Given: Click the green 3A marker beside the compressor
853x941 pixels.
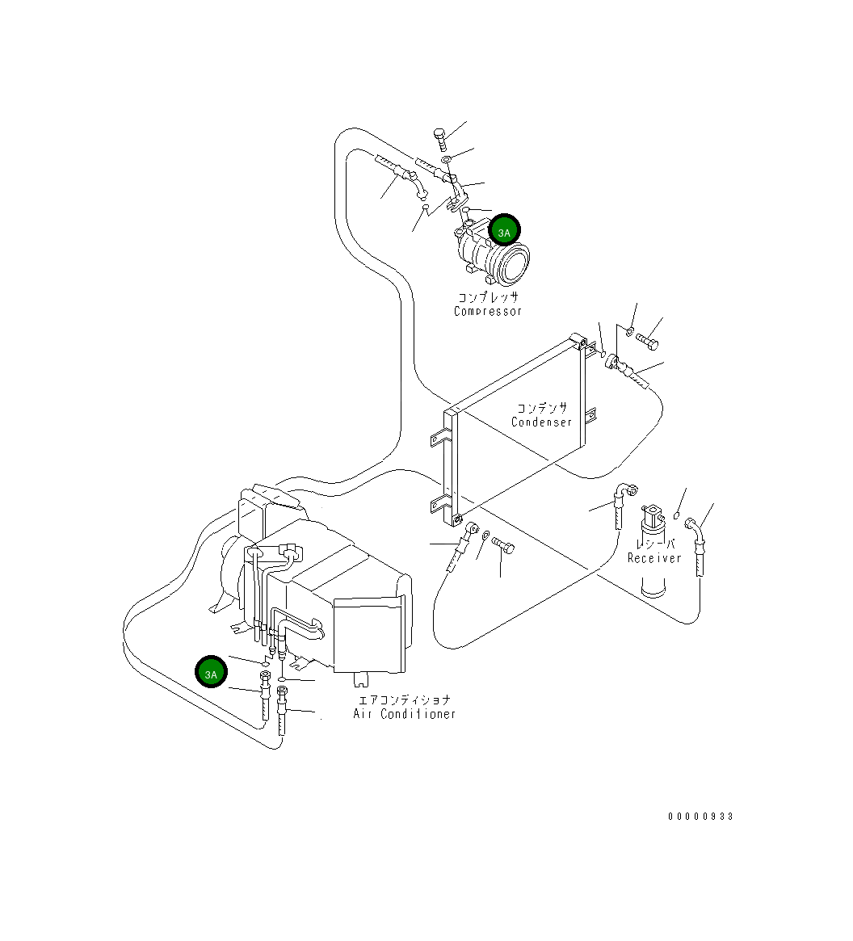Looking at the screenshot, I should click(x=504, y=233).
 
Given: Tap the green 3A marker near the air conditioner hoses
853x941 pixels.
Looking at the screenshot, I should click(x=211, y=673).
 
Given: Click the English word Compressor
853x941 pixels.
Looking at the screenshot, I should click(x=488, y=311).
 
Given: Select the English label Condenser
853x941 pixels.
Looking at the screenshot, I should click(x=541, y=422).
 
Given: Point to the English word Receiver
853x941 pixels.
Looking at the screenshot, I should click(x=654, y=558).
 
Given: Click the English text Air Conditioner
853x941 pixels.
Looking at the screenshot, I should click(x=404, y=714).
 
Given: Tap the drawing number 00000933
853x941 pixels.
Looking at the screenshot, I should click(x=700, y=817).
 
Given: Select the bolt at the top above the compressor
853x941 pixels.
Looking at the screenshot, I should click(x=439, y=138).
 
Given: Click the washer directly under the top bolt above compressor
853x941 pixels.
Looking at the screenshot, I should click(x=446, y=160).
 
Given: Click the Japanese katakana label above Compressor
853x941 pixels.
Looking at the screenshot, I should click(x=488, y=297).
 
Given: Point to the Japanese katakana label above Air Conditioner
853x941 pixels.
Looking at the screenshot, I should click(x=404, y=700).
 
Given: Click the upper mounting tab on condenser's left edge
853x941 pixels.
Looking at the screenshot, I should click(x=437, y=439).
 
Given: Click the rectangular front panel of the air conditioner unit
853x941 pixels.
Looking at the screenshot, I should click(x=368, y=635).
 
